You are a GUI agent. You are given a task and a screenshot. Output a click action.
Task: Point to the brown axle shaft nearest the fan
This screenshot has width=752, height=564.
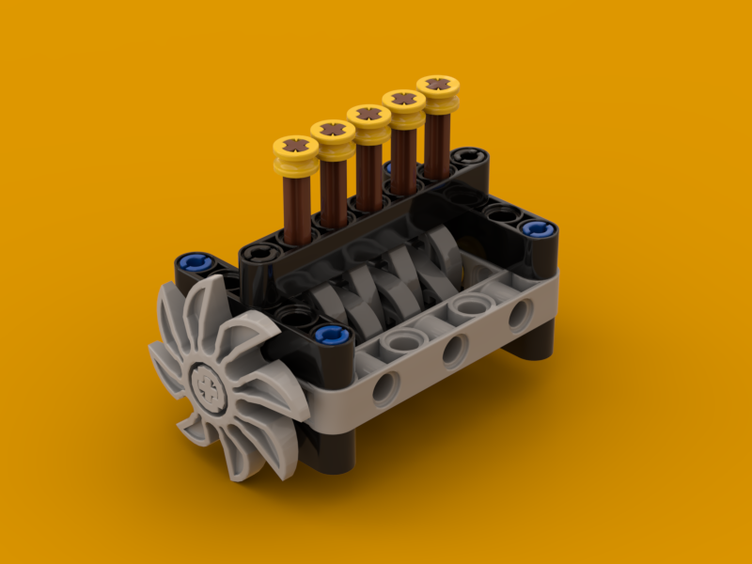click(x=297, y=207)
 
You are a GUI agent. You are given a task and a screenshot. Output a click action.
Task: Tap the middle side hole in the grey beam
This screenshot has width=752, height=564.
click(x=453, y=350)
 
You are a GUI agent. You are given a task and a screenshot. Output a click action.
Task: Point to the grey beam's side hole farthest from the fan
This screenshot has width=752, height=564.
click(x=518, y=316)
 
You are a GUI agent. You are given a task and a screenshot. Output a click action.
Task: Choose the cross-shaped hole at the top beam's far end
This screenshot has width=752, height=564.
click(x=467, y=155)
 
